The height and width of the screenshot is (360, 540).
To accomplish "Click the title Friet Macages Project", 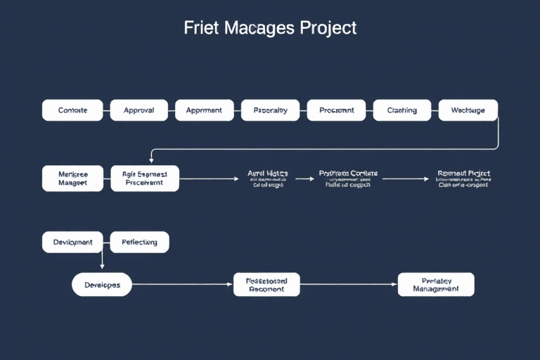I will [x=270, y=29].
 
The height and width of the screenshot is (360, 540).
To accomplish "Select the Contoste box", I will [x=72, y=110].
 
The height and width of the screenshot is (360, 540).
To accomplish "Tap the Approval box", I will [x=139, y=110].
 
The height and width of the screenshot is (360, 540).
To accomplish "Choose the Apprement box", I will [x=204, y=110].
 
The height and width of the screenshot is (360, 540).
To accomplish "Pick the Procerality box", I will [x=270, y=110].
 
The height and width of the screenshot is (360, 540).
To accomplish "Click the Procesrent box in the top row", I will [x=336, y=110].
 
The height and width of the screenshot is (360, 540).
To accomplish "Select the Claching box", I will [x=401, y=110].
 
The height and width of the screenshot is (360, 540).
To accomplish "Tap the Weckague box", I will [x=468, y=110].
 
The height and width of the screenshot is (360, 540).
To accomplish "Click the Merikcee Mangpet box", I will [x=72, y=178].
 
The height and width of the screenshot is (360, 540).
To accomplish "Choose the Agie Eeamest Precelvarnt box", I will [x=144, y=178].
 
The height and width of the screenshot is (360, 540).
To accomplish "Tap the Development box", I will [x=72, y=242].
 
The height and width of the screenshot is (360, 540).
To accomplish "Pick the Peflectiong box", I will [x=139, y=242].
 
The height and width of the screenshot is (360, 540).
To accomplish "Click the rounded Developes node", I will [x=102, y=285].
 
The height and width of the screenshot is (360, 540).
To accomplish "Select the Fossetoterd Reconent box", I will [x=266, y=285].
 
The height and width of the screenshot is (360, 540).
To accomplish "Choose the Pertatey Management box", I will [x=436, y=285].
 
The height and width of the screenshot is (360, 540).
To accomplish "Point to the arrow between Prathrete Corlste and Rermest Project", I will [x=405, y=179].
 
